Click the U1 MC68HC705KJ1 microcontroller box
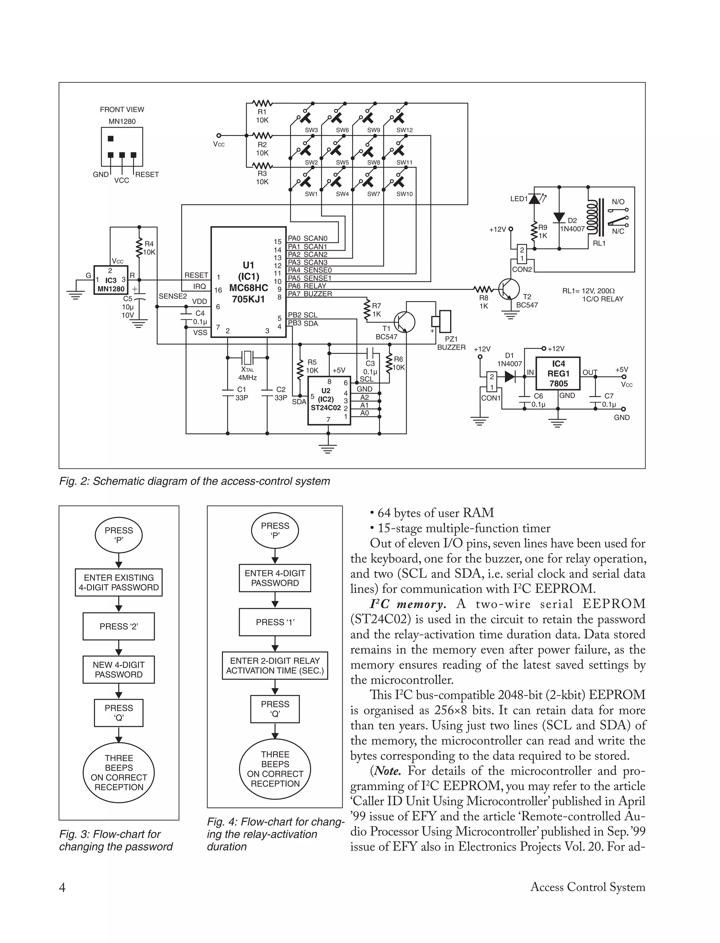(x=249, y=282)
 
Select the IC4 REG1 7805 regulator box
(x=558, y=373)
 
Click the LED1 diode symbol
(x=534, y=199)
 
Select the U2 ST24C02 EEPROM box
(x=329, y=401)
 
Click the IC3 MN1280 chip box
(x=111, y=280)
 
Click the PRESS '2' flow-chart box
(x=119, y=626)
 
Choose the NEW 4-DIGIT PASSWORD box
(x=119, y=669)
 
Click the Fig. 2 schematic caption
(x=194, y=481)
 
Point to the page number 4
(x=62, y=887)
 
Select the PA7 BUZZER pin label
(x=309, y=294)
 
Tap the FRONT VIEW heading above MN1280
(x=122, y=110)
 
